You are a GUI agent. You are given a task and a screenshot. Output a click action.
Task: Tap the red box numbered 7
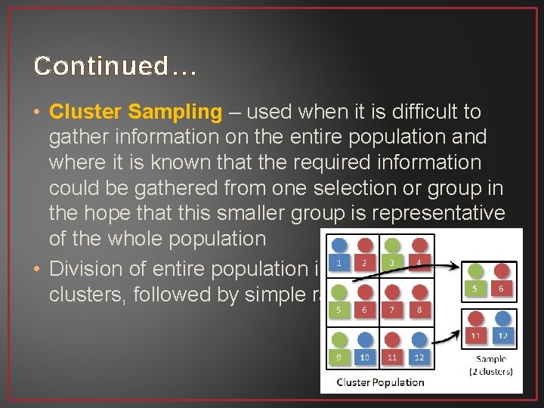(391, 309)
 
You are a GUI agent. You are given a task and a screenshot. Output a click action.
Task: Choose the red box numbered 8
(418, 309)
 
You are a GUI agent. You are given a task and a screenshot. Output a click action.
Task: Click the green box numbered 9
(340, 356)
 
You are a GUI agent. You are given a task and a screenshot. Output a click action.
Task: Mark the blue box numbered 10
(366, 356)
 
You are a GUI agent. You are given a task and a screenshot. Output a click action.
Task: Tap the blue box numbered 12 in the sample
(502, 335)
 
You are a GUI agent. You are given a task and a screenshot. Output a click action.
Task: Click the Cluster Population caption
(380, 382)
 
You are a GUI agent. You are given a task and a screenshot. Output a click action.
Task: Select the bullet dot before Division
(38, 269)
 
